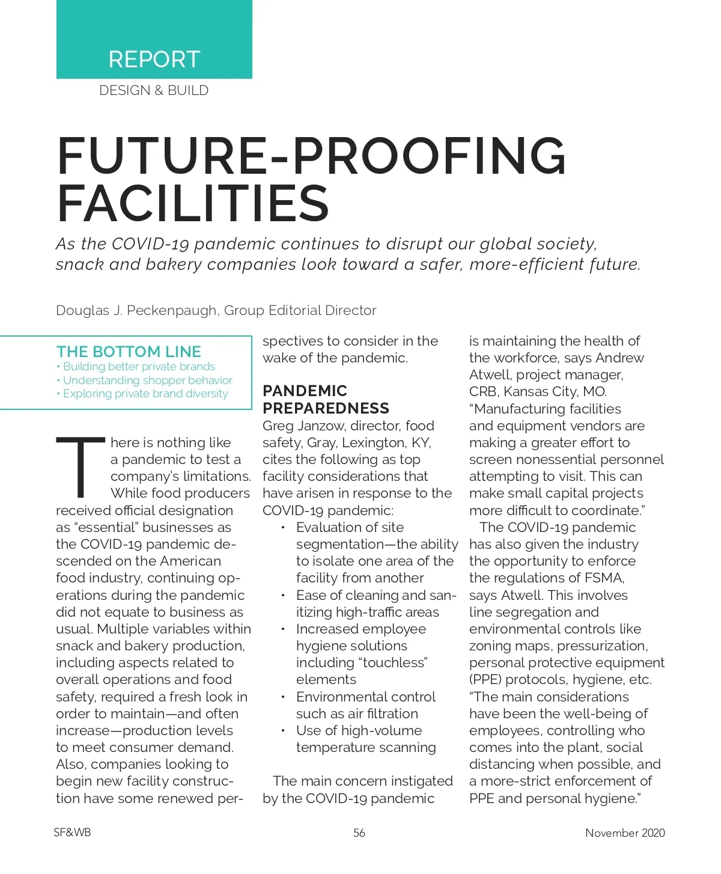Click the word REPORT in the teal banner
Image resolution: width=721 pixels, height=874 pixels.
pyautogui.click(x=154, y=60)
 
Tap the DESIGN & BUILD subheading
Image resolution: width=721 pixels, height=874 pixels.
pyautogui.click(x=154, y=91)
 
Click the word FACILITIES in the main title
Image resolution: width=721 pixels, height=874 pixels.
pyautogui.click(x=193, y=203)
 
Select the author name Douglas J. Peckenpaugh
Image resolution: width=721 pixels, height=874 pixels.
pyautogui.click(x=136, y=311)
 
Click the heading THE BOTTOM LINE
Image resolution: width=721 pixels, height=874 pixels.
pyautogui.click(x=129, y=352)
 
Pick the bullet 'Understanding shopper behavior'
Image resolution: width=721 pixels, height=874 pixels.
pyautogui.click(x=147, y=380)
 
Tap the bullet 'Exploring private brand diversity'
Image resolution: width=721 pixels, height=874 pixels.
pyautogui.click(x=145, y=394)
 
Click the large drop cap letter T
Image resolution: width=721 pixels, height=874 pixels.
pyautogui.click(x=81, y=467)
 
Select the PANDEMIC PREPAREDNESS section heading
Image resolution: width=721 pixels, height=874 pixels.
pyautogui.click(x=326, y=400)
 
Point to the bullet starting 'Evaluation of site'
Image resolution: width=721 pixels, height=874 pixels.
pyautogui.click(x=350, y=528)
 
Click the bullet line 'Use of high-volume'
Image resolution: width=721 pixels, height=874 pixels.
pyautogui.click(x=359, y=731)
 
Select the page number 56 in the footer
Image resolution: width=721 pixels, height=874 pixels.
pyautogui.click(x=359, y=833)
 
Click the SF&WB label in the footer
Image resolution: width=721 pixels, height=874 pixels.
pyautogui.click(x=72, y=833)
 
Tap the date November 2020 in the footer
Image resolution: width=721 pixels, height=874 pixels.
pyautogui.click(x=625, y=833)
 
